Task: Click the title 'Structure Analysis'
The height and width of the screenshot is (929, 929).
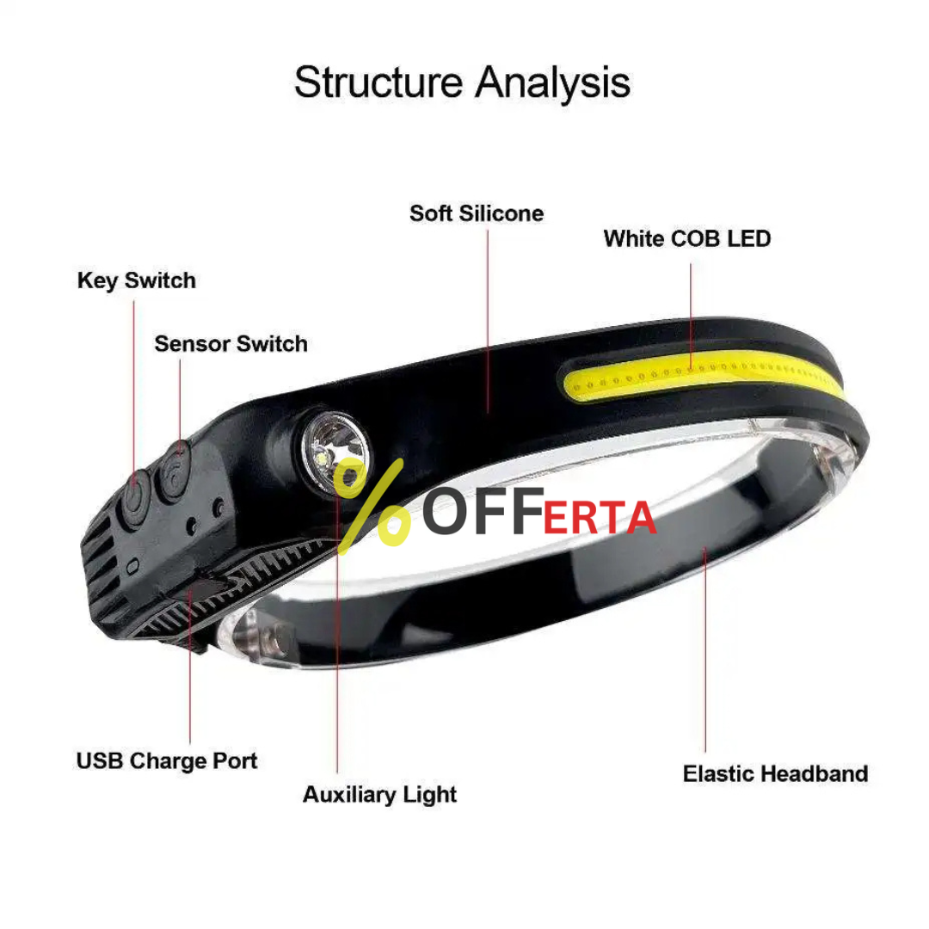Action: point(462,83)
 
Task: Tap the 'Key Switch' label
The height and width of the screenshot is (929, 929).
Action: point(136,280)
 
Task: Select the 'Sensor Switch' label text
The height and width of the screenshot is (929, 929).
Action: point(231,343)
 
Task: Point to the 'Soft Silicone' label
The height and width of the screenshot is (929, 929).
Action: point(477,213)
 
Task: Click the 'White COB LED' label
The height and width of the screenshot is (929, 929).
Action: point(687,239)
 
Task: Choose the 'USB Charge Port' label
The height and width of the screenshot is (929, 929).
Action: point(167,761)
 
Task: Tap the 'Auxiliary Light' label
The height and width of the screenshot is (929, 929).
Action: point(380,795)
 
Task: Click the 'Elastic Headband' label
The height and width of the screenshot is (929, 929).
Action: point(776,774)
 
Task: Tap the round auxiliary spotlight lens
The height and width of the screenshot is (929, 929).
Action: point(335,453)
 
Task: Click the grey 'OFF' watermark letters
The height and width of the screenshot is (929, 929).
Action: point(483,511)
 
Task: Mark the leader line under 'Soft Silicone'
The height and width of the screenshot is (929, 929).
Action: point(488,321)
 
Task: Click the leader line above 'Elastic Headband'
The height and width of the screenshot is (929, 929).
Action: point(705,650)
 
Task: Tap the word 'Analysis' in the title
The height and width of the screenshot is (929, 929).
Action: point(553,83)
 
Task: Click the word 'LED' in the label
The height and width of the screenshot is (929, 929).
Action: point(749,239)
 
